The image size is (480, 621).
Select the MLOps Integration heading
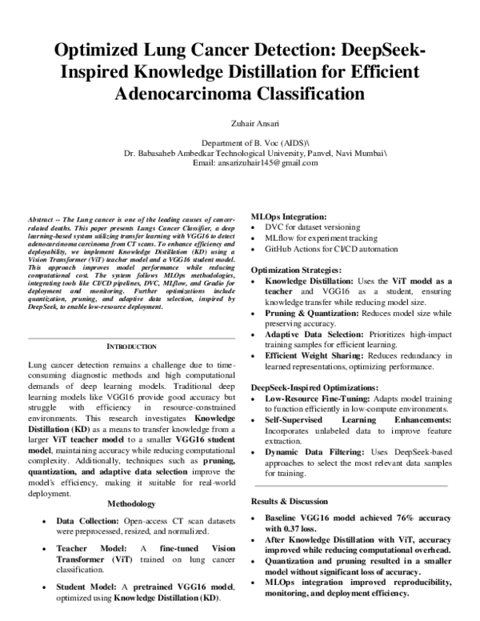pos(289,217)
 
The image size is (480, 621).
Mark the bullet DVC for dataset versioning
pos(310,228)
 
